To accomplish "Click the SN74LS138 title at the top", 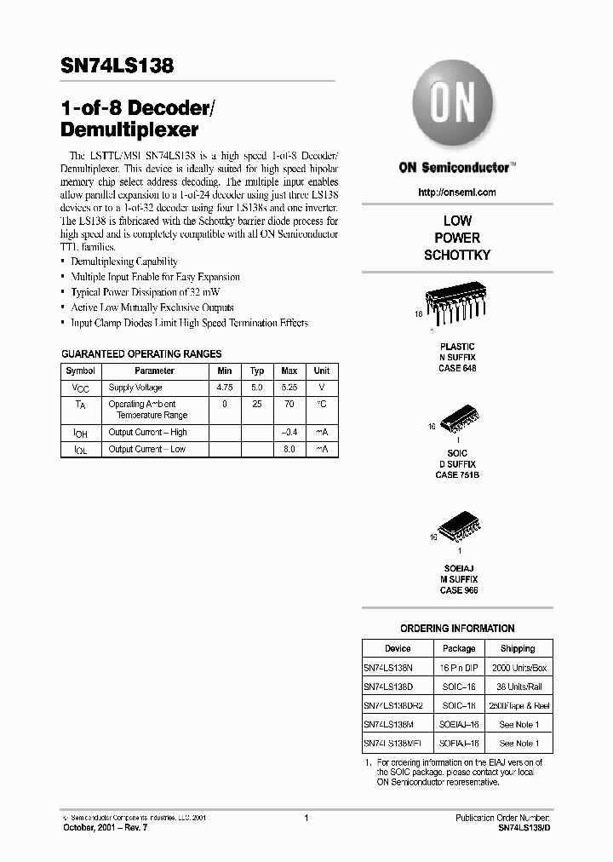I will tap(118, 66).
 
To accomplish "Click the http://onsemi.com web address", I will tap(457, 193).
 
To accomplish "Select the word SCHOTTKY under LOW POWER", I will tap(457, 255).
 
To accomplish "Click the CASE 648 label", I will tap(457, 368).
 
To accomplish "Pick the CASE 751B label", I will tap(457, 474).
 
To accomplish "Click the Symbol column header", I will tap(81, 371).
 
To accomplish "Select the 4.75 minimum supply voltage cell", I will tap(225, 388).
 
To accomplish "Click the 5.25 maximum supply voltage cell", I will tap(289, 388).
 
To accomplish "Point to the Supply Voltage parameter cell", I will tap(135, 388).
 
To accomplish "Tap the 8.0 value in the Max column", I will tap(289, 449).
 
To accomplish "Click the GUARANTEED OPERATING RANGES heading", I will tap(141, 353).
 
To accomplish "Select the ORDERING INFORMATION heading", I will tap(457, 629).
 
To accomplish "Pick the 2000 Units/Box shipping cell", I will tap(518, 668).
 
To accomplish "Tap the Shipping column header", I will tap(518, 648).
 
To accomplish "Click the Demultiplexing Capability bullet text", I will tap(124, 261).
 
